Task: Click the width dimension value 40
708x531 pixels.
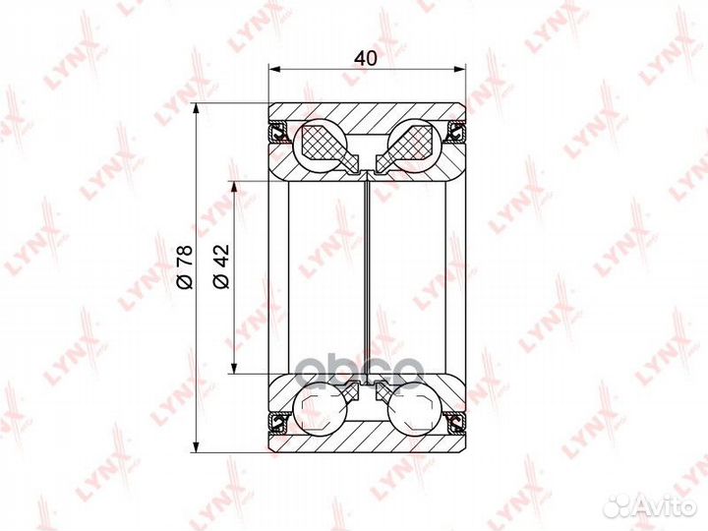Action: tap(366, 58)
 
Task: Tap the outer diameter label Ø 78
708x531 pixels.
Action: tap(185, 266)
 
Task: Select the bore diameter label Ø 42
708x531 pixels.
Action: tap(221, 266)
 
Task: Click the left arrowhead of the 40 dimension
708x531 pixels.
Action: tap(274, 69)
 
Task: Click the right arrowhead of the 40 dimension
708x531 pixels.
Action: tap(459, 69)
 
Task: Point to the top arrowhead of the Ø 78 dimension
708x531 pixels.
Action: tap(196, 109)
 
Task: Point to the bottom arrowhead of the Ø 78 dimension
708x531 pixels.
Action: tap(196, 445)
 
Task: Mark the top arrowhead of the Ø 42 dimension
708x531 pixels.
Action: tap(233, 188)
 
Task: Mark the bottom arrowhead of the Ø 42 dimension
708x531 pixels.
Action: tap(233, 368)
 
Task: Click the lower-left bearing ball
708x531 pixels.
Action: tap(321, 408)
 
